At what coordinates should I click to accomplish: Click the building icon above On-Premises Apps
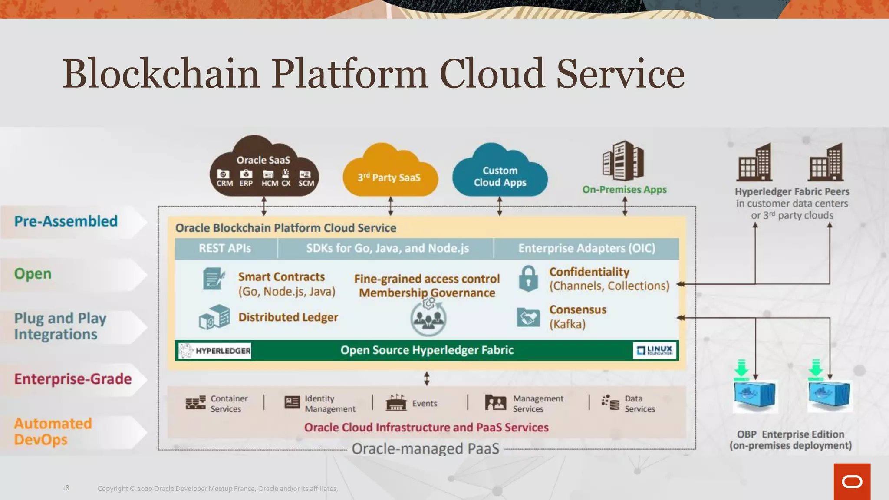coord(623,161)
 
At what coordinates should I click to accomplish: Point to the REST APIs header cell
coord(225,248)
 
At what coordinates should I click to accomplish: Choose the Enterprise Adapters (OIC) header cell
coord(586,248)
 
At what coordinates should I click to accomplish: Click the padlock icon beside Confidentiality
coord(528,278)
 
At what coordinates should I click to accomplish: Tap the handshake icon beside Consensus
coord(528,317)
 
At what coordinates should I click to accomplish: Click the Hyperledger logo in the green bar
coord(215,351)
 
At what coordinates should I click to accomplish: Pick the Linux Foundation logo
coord(655,350)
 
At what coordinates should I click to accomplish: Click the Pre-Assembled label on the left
coord(66,221)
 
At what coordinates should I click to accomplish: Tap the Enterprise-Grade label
coord(73,379)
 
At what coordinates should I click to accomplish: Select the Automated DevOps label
coord(53,431)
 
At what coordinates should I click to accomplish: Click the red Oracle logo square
coord(852,481)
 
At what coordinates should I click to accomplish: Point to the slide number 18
coord(66,488)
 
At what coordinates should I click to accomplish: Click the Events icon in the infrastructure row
coord(396,403)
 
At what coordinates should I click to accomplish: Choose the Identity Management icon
coord(292,402)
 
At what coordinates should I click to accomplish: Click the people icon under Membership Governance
coord(428,318)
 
